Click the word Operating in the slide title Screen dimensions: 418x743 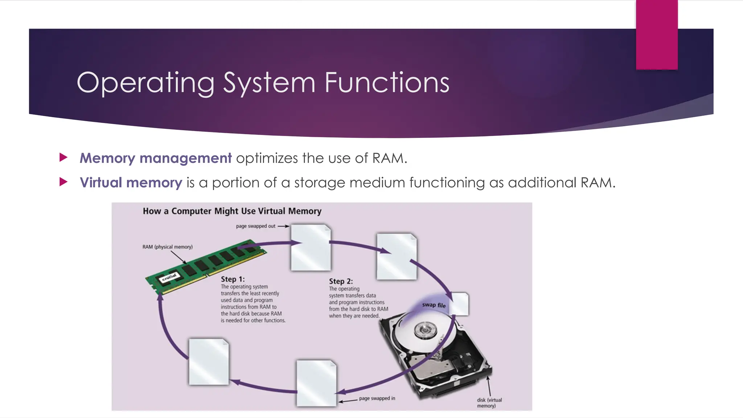[145, 83]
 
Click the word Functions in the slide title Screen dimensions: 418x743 [387, 83]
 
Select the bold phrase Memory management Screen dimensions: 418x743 [156, 158]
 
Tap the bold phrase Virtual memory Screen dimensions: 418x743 [131, 183]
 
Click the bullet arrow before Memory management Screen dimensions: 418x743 [63, 157]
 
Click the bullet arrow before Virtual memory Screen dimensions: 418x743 [63, 182]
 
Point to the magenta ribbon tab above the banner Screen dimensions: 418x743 [657, 34]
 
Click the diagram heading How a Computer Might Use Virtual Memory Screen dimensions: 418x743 [232, 211]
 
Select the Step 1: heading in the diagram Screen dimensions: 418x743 [233, 279]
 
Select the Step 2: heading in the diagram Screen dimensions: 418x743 [341, 281]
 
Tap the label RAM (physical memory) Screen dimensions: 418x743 [167, 247]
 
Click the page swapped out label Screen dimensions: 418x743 [256, 226]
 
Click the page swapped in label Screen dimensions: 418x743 [377, 398]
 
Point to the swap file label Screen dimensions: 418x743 [434, 305]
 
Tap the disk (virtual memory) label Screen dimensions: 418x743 [489, 403]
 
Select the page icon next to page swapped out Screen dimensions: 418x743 [311, 247]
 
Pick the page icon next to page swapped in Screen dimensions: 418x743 [316, 383]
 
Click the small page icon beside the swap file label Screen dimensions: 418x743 [460, 304]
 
